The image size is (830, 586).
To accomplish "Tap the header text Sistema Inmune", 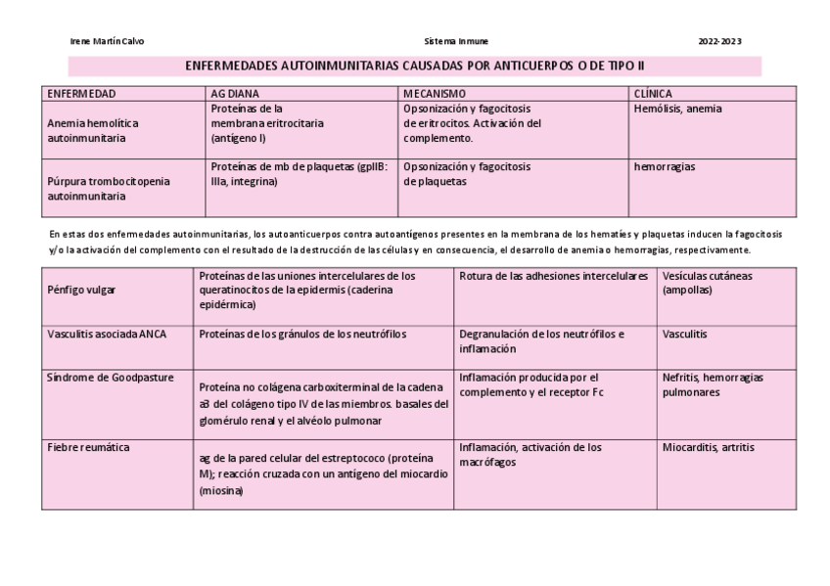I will click(x=457, y=42).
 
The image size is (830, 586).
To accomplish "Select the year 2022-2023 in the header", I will click(x=719, y=42).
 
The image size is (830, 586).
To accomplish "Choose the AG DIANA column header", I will click(x=235, y=94).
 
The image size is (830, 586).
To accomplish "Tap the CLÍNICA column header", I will click(x=654, y=94).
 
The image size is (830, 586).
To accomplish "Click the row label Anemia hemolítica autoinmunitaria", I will click(x=93, y=131).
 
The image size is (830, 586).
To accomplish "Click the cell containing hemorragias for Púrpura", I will click(x=665, y=166).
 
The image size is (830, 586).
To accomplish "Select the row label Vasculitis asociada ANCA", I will click(x=107, y=334).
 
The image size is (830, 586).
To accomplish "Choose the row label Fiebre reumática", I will click(x=88, y=447).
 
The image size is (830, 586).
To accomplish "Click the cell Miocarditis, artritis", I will click(x=708, y=447).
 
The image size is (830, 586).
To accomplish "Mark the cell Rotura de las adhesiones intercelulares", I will click(x=553, y=276).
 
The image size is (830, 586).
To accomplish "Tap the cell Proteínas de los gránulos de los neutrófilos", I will click(x=302, y=334).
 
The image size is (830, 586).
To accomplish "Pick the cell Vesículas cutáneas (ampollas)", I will click(x=707, y=283).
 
